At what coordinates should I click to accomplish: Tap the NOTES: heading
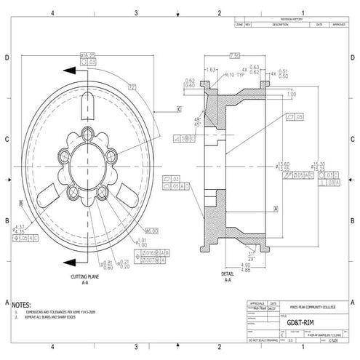pyautogui.click(x=22, y=305)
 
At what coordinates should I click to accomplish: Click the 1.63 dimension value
pyautogui.click(x=212, y=69)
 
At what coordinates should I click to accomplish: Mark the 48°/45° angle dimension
pyautogui.click(x=197, y=121)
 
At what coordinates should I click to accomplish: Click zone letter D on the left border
pyautogui.click(x=7, y=57)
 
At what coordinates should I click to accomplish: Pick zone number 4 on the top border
pyautogui.click(x=53, y=13)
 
